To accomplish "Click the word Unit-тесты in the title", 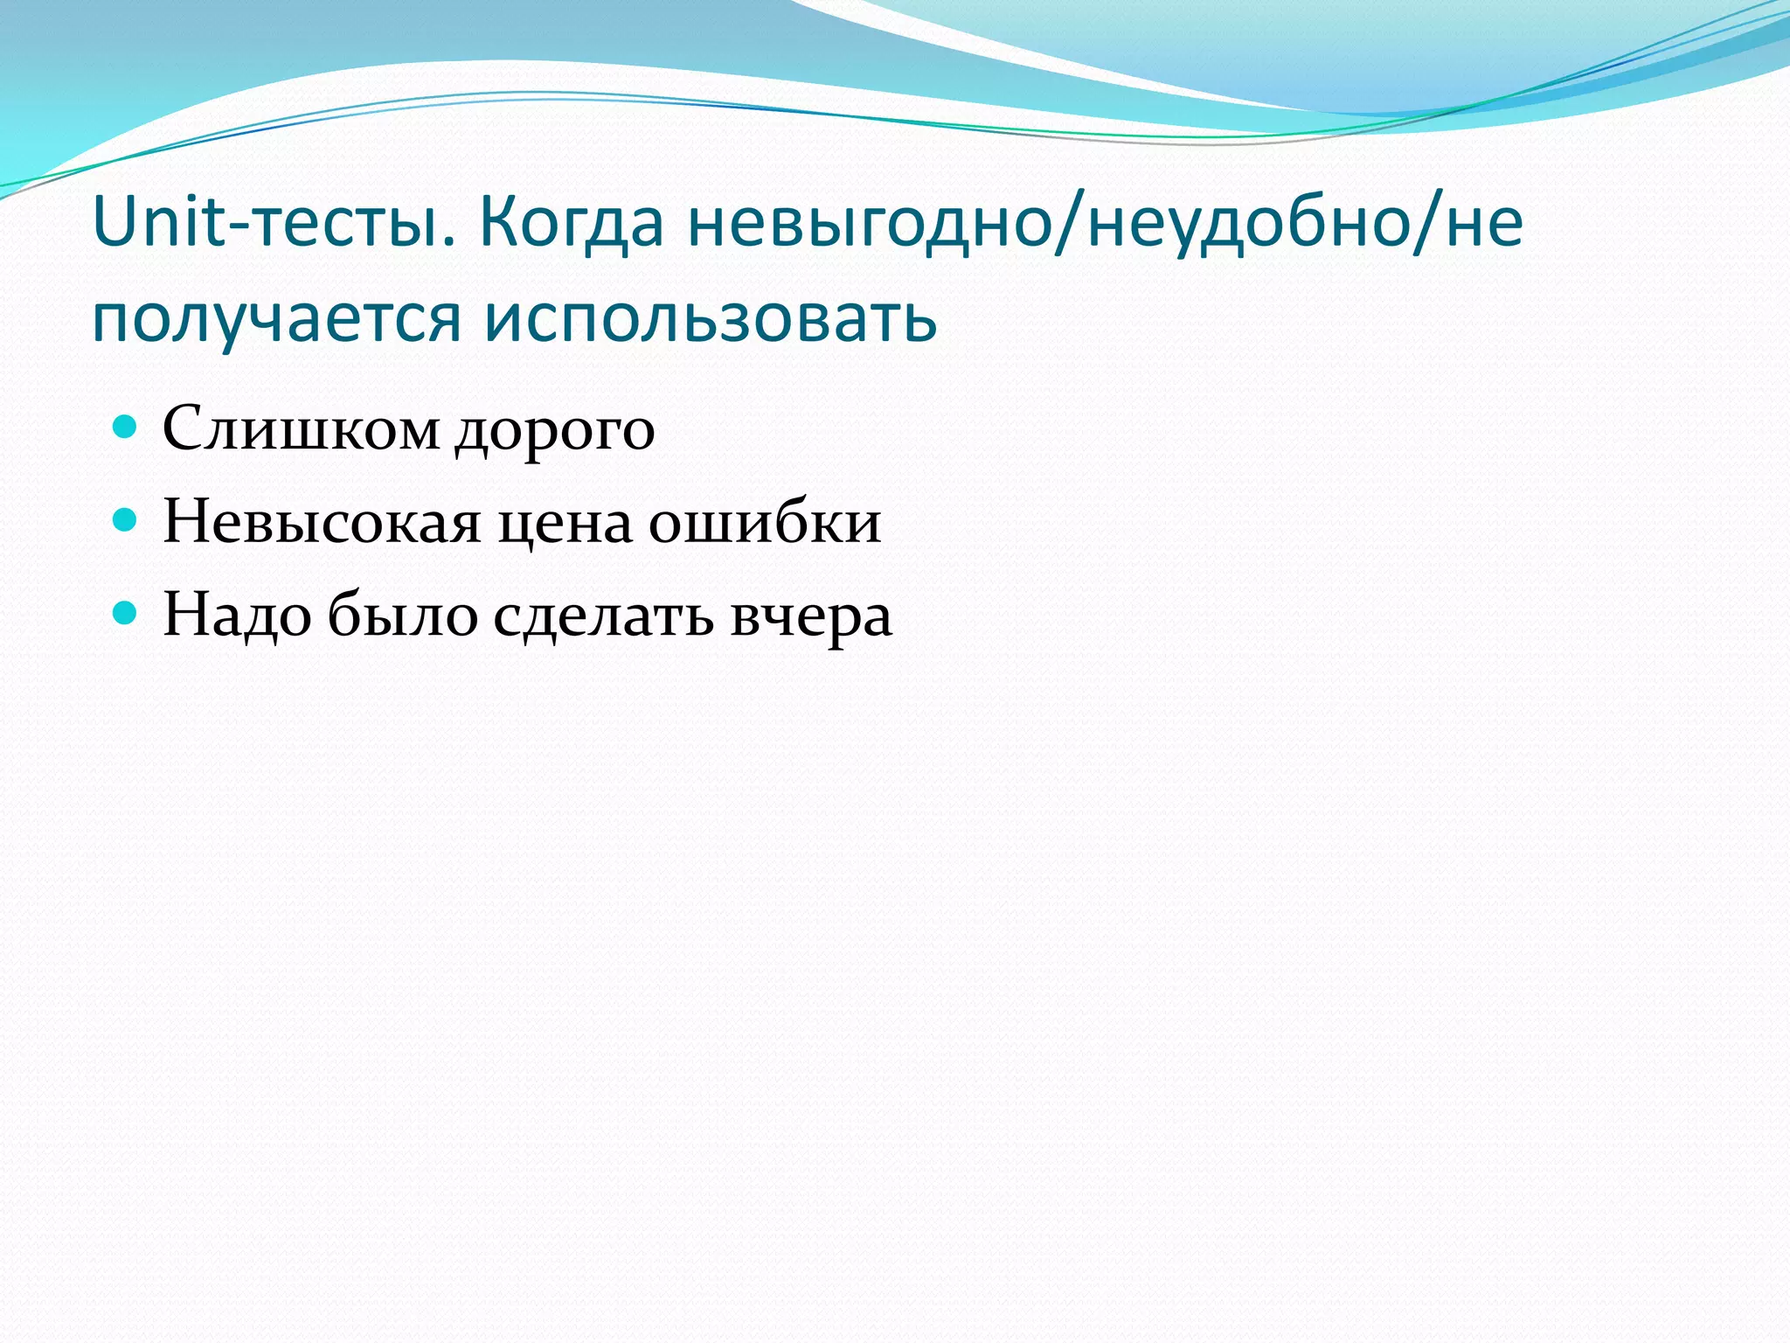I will click(x=274, y=222).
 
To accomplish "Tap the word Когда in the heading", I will click(x=572, y=222).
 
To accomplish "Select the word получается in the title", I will click(x=275, y=318).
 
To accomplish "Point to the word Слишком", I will click(x=301, y=428).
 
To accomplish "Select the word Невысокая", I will click(x=322, y=522).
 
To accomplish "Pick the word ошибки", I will click(x=764, y=522).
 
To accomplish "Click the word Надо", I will click(x=237, y=615).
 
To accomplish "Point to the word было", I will click(x=403, y=614).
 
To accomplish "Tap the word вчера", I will click(x=810, y=616).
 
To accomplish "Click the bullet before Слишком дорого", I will click(x=126, y=427).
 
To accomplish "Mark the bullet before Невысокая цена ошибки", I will click(x=126, y=520).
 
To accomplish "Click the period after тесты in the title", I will click(x=449, y=243).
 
